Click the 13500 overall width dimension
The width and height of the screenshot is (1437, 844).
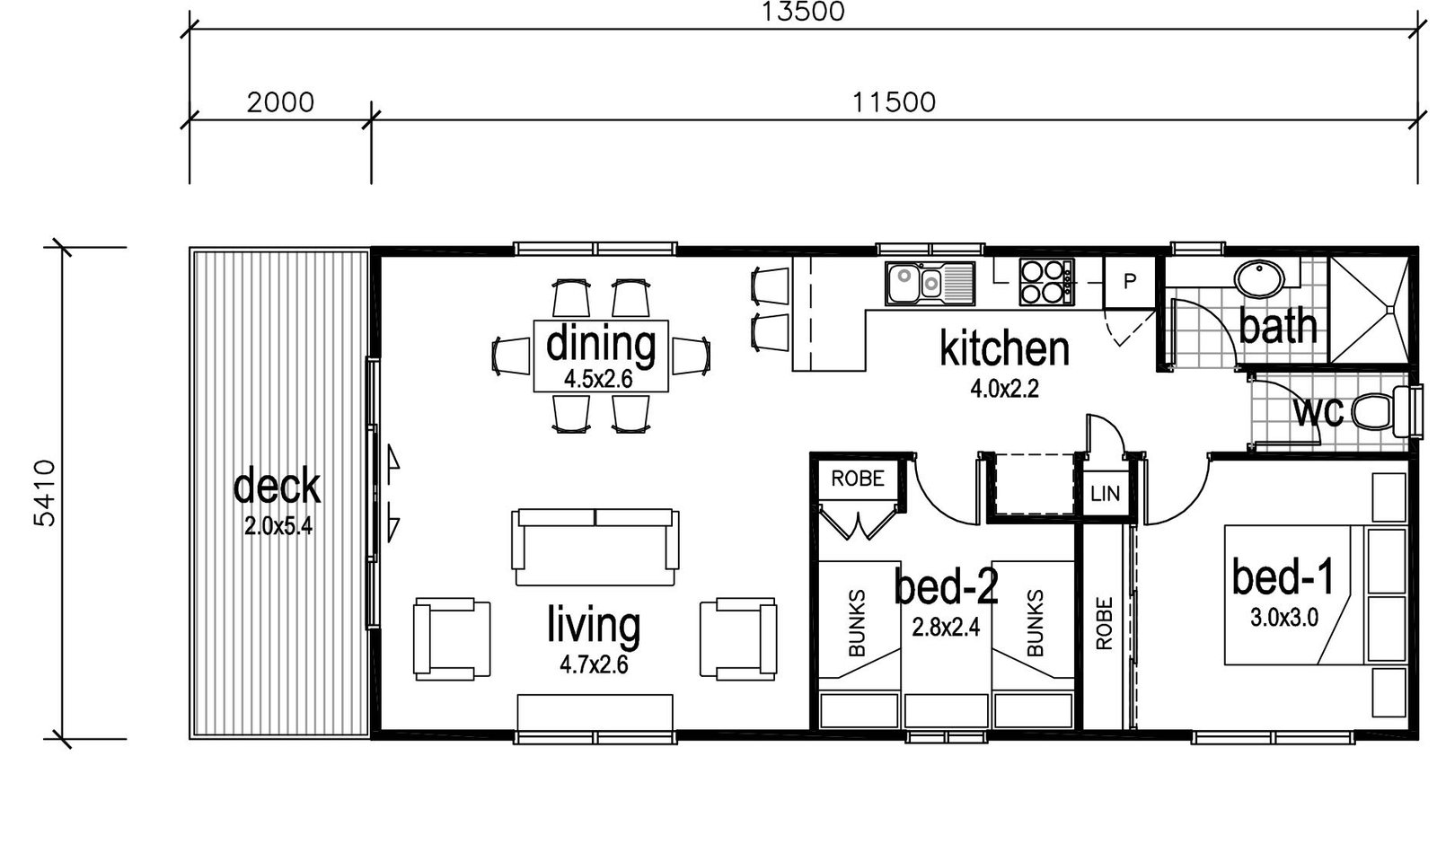pyautogui.click(x=803, y=12)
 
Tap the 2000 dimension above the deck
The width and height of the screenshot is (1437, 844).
pyautogui.click(x=280, y=102)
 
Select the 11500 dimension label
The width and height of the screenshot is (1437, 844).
pyautogui.click(x=894, y=102)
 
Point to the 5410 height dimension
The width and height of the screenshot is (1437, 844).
pyautogui.click(x=45, y=493)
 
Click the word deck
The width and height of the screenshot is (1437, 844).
pyautogui.click(x=277, y=486)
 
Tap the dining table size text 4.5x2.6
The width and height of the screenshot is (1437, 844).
pyautogui.click(x=598, y=379)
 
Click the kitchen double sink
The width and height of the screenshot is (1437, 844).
pyautogui.click(x=930, y=282)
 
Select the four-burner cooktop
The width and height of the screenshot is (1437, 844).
pyautogui.click(x=1046, y=282)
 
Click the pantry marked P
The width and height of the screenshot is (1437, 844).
pyautogui.click(x=1129, y=282)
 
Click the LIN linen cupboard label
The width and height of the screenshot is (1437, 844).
pyautogui.click(x=1105, y=493)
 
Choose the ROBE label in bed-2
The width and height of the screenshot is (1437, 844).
pyautogui.click(x=857, y=479)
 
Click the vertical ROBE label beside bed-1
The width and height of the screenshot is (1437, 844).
pyautogui.click(x=1104, y=623)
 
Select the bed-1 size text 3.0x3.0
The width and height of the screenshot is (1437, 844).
pyautogui.click(x=1284, y=618)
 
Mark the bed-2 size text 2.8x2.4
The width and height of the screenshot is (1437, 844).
pyautogui.click(x=947, y=628)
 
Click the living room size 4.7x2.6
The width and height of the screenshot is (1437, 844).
pyautogui.click(x=594, y=665)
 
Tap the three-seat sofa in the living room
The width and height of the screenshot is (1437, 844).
pyautogui.click(x=595, y=547)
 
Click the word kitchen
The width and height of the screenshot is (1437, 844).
pyautogui.click(x=1005, y=348)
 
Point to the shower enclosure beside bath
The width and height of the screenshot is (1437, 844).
pyautogui.click(x=1369, y=310)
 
